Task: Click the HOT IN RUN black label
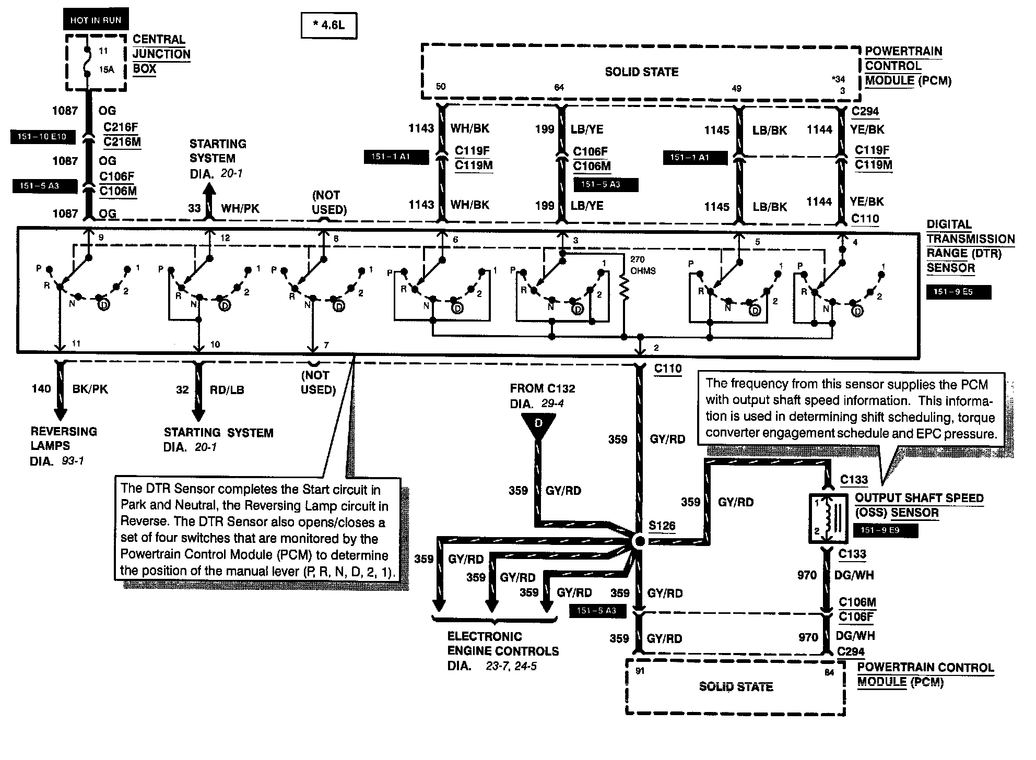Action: pos(96,20)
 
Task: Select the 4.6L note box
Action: pos(329,25)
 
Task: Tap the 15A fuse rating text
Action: pos(107,69)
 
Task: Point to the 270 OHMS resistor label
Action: pos(643,265)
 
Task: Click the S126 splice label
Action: pos(662,526)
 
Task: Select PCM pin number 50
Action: pos(441,87)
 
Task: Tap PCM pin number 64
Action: pos(559,88)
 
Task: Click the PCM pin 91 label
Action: pos(640,671)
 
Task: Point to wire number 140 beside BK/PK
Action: pos(41,389)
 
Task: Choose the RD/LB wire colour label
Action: pos(227,390)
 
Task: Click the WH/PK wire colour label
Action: pos(240,208)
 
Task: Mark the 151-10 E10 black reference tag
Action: pos(42,137)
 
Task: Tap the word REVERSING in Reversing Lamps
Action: pos(64,432)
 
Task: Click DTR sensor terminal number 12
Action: pos(225,238)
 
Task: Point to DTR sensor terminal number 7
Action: pos(326,345)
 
